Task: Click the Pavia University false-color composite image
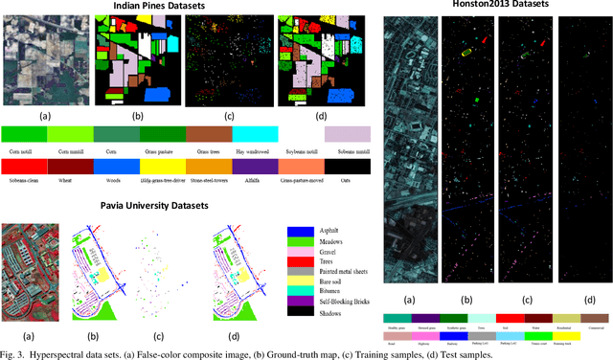tap(33, 270)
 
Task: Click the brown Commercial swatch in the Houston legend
tap(595, 317)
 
